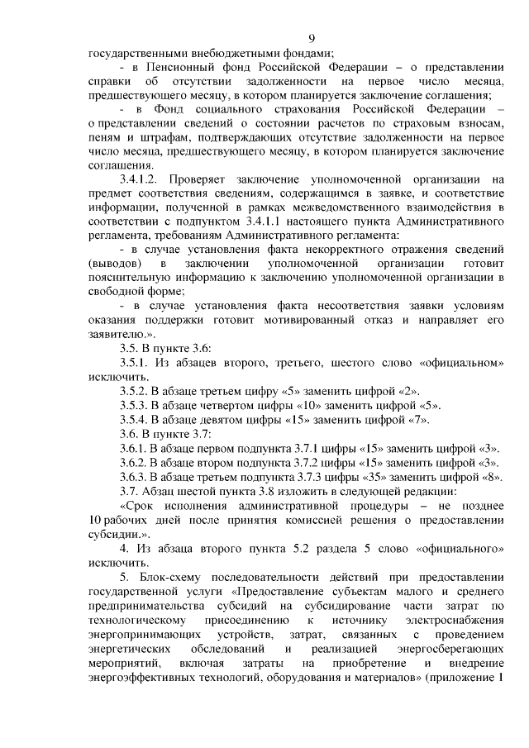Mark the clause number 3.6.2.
click(134, 462)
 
